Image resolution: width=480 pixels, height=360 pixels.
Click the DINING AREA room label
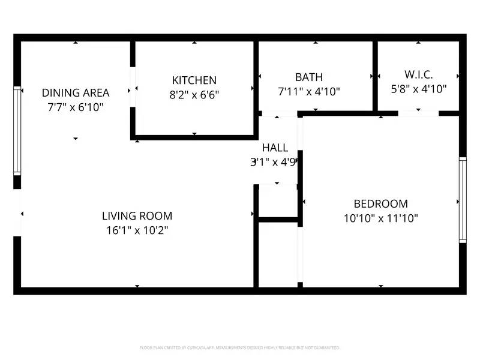tap(76, 92)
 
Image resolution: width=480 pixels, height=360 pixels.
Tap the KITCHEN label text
tap(194, 80)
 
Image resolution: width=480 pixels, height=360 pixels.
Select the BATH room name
tap(309, 77)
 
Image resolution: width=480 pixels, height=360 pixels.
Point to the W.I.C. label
tap(419, 75)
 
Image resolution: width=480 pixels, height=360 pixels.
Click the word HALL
tap(275, 148)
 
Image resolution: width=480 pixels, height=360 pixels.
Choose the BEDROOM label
tap(380, 204)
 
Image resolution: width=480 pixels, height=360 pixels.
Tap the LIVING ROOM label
tap(137, 216)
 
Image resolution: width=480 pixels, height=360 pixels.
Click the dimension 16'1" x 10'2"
tap(137, 230)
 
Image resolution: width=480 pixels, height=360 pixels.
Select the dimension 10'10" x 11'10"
tap(380, 218)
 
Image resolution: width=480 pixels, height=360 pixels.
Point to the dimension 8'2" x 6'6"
tap(194, 94)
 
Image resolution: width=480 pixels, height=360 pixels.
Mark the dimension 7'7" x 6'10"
tap(76, 107)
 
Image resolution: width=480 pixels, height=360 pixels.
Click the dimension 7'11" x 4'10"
tap(309, 91)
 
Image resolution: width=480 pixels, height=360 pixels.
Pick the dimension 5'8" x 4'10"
tap(419, 89)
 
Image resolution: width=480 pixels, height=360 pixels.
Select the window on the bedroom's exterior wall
tap(463, 199)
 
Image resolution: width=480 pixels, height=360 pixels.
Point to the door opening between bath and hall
tap(280, 113)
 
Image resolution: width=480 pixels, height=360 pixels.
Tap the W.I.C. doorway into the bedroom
tap(418, 113)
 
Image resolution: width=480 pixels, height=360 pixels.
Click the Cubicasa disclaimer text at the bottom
tap(240, 348)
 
